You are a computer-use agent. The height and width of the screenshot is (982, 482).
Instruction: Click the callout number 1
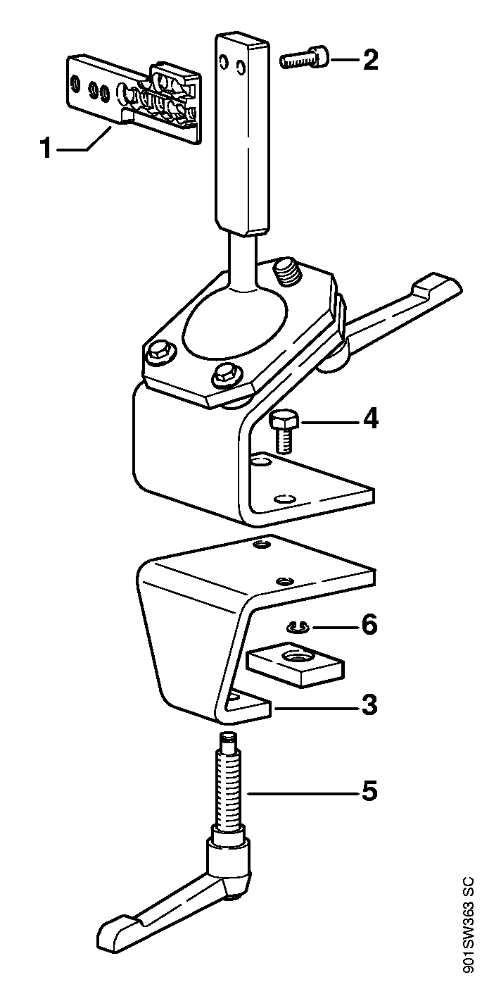click(47, 148)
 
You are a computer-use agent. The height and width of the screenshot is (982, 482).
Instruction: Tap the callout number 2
click(370, 59)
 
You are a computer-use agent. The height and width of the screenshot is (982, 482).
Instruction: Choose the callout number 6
click(369, 625)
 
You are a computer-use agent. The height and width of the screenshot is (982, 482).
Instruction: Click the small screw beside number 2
click(304, 58)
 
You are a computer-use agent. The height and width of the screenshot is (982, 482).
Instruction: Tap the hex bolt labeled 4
click(283, 433)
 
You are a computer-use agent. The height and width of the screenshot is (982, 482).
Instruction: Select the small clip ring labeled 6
click(298, 628)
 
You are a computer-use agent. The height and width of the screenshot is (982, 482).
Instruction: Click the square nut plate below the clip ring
click(296, 664)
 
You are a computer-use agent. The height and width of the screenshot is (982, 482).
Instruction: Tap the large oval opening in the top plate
click(234, 325)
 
